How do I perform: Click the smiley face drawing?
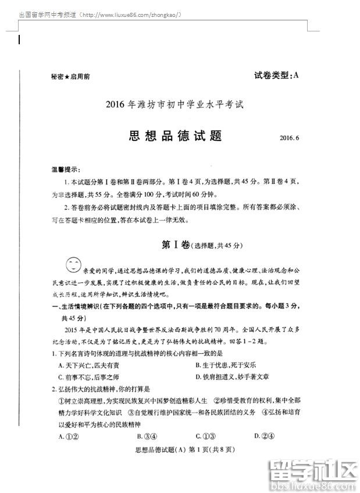pos(73,265)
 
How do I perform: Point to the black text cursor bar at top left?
pos(19,40)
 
